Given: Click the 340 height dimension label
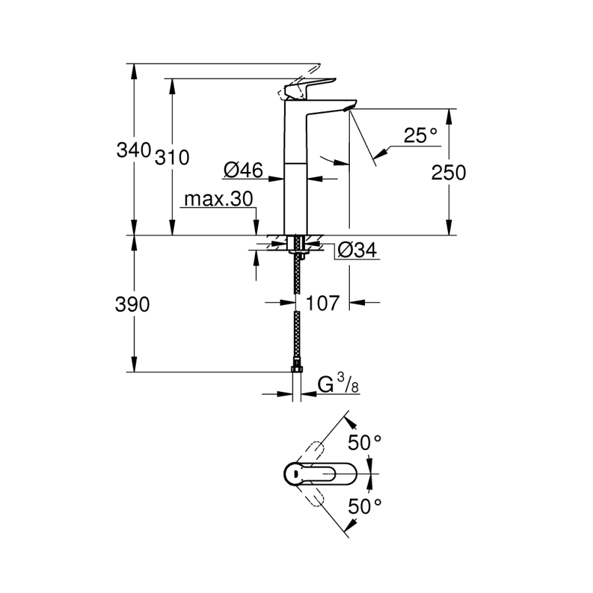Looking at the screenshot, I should [134, 150].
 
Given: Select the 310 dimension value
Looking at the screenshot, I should [172, 157].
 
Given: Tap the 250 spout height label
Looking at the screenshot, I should [449, 173].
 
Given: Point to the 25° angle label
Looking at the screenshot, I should [420, 136].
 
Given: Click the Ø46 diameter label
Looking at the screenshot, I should [243, 171].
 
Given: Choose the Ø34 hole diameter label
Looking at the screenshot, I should [356, 250].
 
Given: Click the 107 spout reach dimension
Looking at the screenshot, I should [323, 303].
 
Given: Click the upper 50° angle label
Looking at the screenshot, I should [366, 443].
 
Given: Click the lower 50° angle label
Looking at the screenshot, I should [366, 506].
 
